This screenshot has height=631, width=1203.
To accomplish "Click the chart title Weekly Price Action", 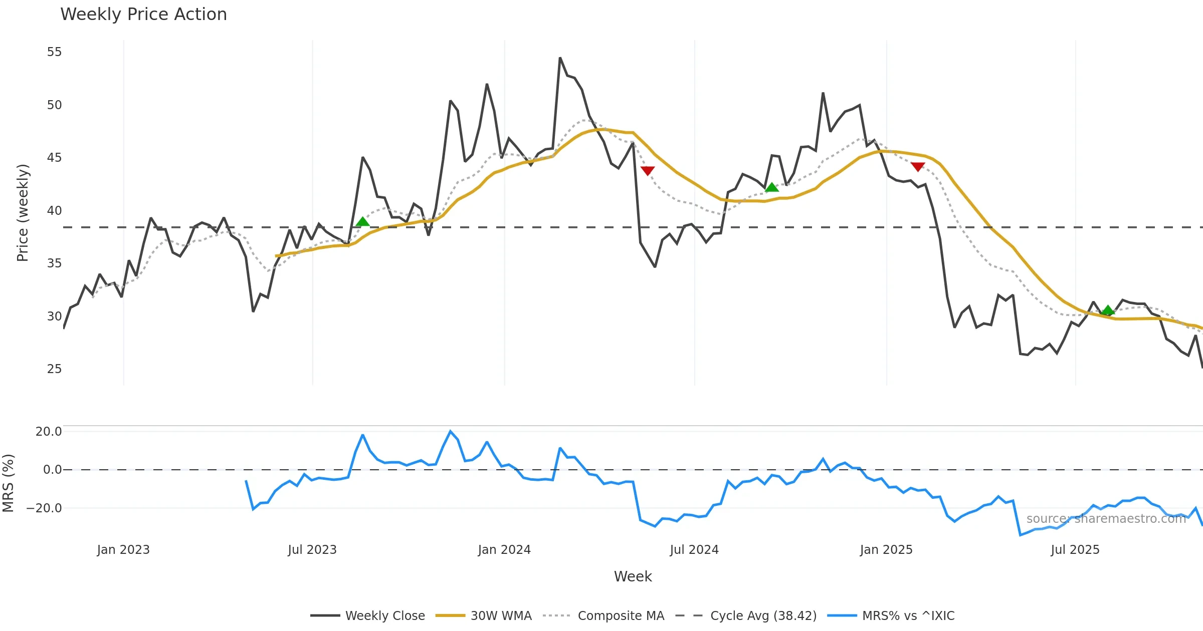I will point(143,15).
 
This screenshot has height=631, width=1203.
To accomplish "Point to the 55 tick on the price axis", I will point(54,52).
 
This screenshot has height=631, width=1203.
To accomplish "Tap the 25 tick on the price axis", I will point(54,369).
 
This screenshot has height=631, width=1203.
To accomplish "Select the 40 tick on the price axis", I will point(54,210).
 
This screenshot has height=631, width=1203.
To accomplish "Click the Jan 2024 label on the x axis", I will point(504,550).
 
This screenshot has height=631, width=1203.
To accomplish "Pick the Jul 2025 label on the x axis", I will point(1075,550).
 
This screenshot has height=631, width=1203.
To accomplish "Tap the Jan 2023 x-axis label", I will point(123,550).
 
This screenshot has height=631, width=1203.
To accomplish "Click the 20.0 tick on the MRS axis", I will point(49,432).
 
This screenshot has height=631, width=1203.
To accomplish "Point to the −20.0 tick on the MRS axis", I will point(44,508).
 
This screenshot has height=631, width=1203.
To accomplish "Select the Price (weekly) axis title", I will point(23,213).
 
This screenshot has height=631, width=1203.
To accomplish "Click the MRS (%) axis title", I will point(9,483).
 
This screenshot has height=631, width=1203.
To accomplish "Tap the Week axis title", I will point(633,577).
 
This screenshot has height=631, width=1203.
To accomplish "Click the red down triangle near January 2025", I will point(918,167).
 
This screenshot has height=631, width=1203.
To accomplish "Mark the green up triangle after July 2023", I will point(362,222).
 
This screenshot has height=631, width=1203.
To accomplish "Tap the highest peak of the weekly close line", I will point(560,58).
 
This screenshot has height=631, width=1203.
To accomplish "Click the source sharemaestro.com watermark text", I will point(1106,519).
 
